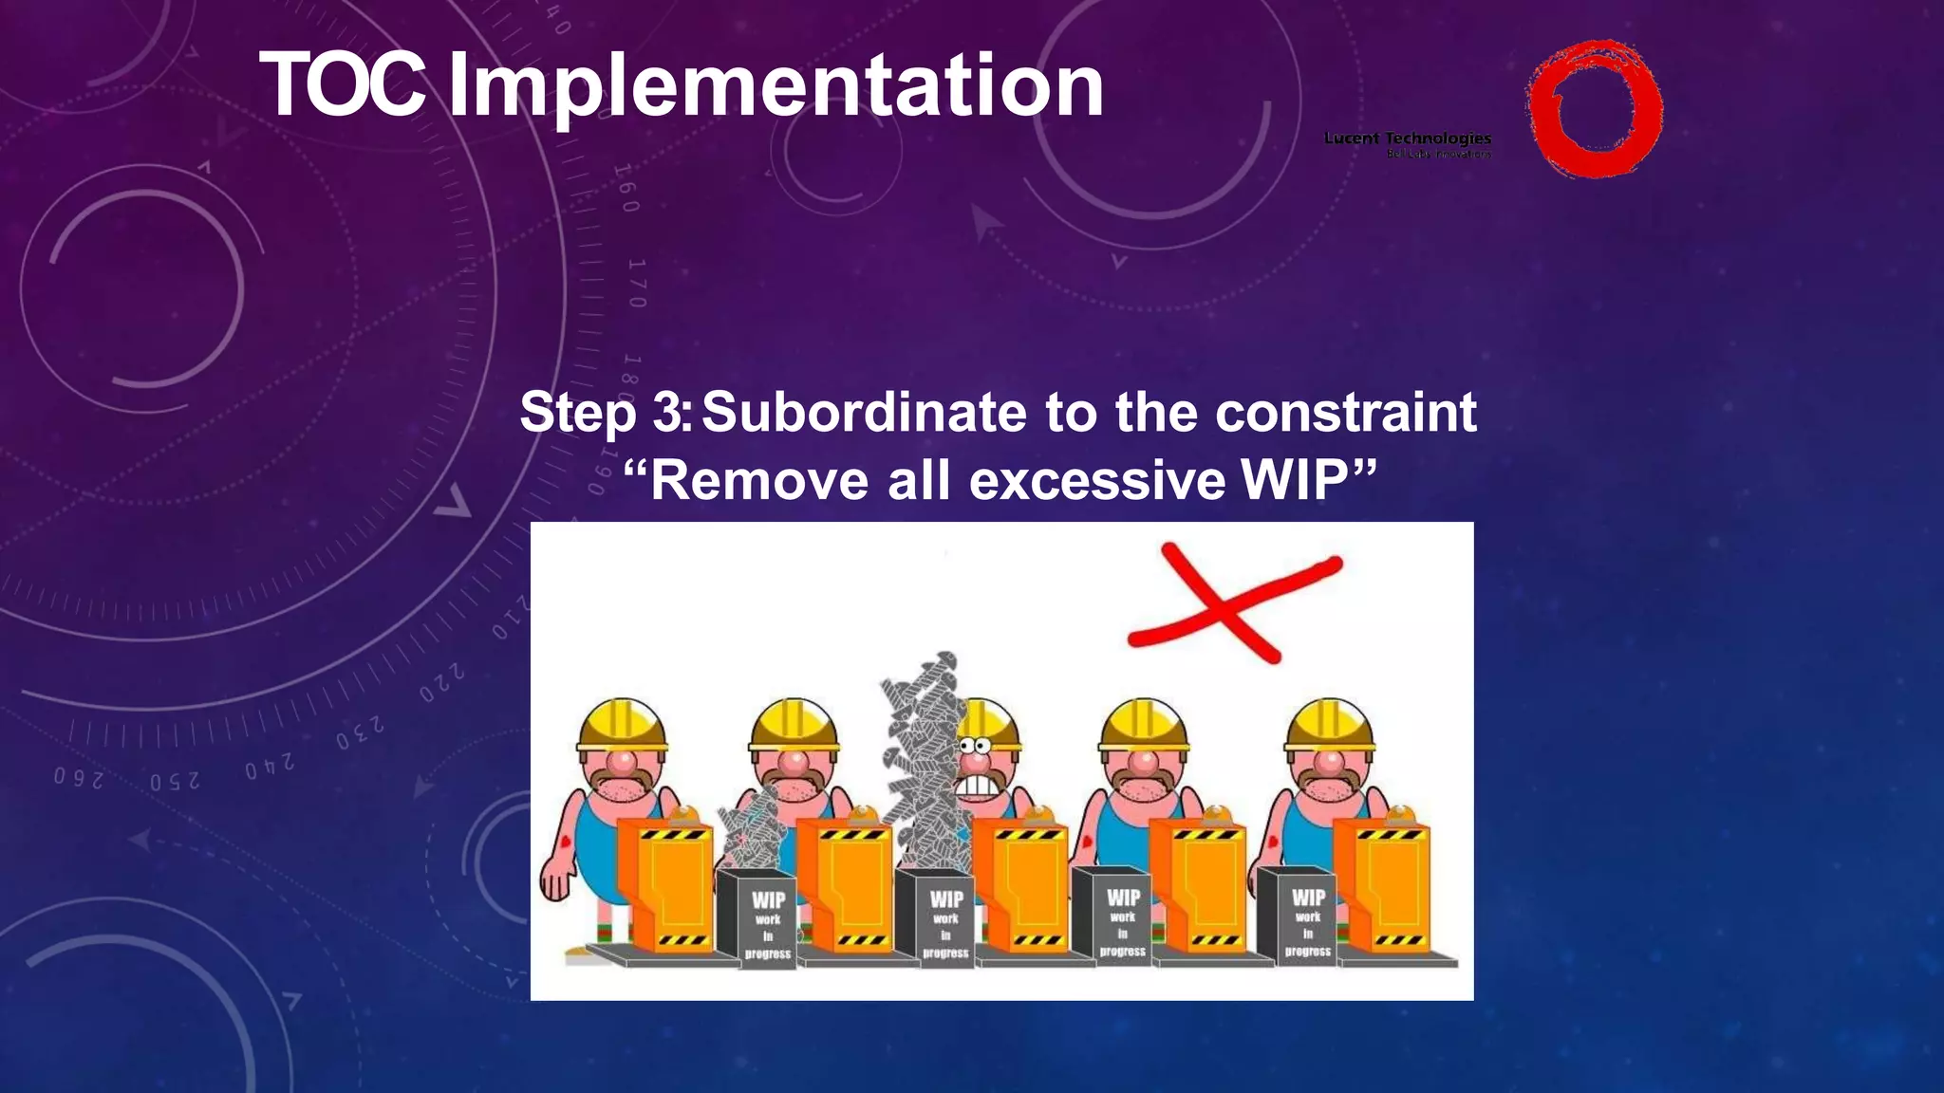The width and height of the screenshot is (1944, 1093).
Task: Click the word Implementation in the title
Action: tap(775, 87)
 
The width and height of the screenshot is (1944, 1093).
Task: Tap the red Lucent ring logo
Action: tap(1594, 108)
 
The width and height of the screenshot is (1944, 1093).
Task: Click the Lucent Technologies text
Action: tap(1407, 139)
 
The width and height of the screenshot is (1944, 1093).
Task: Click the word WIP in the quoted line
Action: tap(1295, 480)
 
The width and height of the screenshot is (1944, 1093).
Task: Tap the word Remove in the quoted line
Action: tap(759, 480)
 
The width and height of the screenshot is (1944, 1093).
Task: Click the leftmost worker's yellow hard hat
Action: tap(622, 726)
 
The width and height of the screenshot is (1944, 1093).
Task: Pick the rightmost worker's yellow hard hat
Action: tap(1329, 726)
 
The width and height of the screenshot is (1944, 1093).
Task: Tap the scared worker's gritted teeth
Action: tap(978, 786)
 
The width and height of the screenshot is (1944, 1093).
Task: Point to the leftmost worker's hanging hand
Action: tap(554, 882)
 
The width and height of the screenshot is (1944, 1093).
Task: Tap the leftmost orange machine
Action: tap(664, 882)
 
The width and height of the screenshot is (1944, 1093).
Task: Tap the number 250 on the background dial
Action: tap(176, 782)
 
